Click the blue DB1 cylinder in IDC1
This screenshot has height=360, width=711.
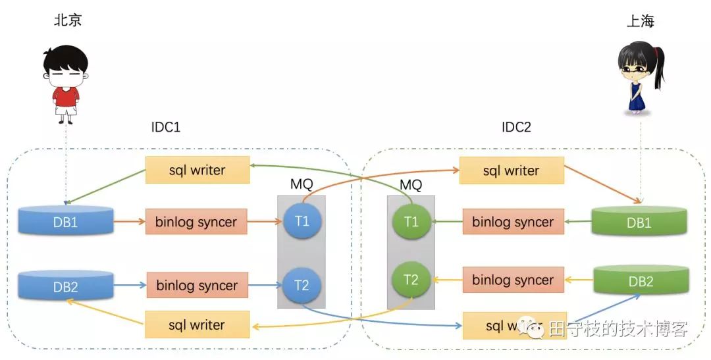pos(65,222)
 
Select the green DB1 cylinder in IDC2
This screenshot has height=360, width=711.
pos(639,222)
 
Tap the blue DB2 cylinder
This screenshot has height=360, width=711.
pos(65,286)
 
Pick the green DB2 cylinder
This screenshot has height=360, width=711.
pos(641,281)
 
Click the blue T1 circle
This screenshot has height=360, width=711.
pos(302,220)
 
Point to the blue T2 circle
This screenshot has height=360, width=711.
pos(302,285)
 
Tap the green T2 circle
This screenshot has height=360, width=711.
pos(411,280)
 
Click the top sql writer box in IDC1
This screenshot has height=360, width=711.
pos(197,170)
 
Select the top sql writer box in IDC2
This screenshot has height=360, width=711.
pos(511,171)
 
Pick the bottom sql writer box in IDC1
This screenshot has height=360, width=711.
pos(197,325)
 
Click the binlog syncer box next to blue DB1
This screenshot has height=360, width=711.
pos(196,222)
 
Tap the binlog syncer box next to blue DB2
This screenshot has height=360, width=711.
pos(196,286)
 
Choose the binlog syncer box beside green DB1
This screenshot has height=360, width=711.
pos(513,222)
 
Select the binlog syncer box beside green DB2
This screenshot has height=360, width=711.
pos(513,280)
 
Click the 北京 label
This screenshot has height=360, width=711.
pos(68,20)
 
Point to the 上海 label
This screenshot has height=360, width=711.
pos(641,22)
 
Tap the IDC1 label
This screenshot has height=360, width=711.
pos(165,126)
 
